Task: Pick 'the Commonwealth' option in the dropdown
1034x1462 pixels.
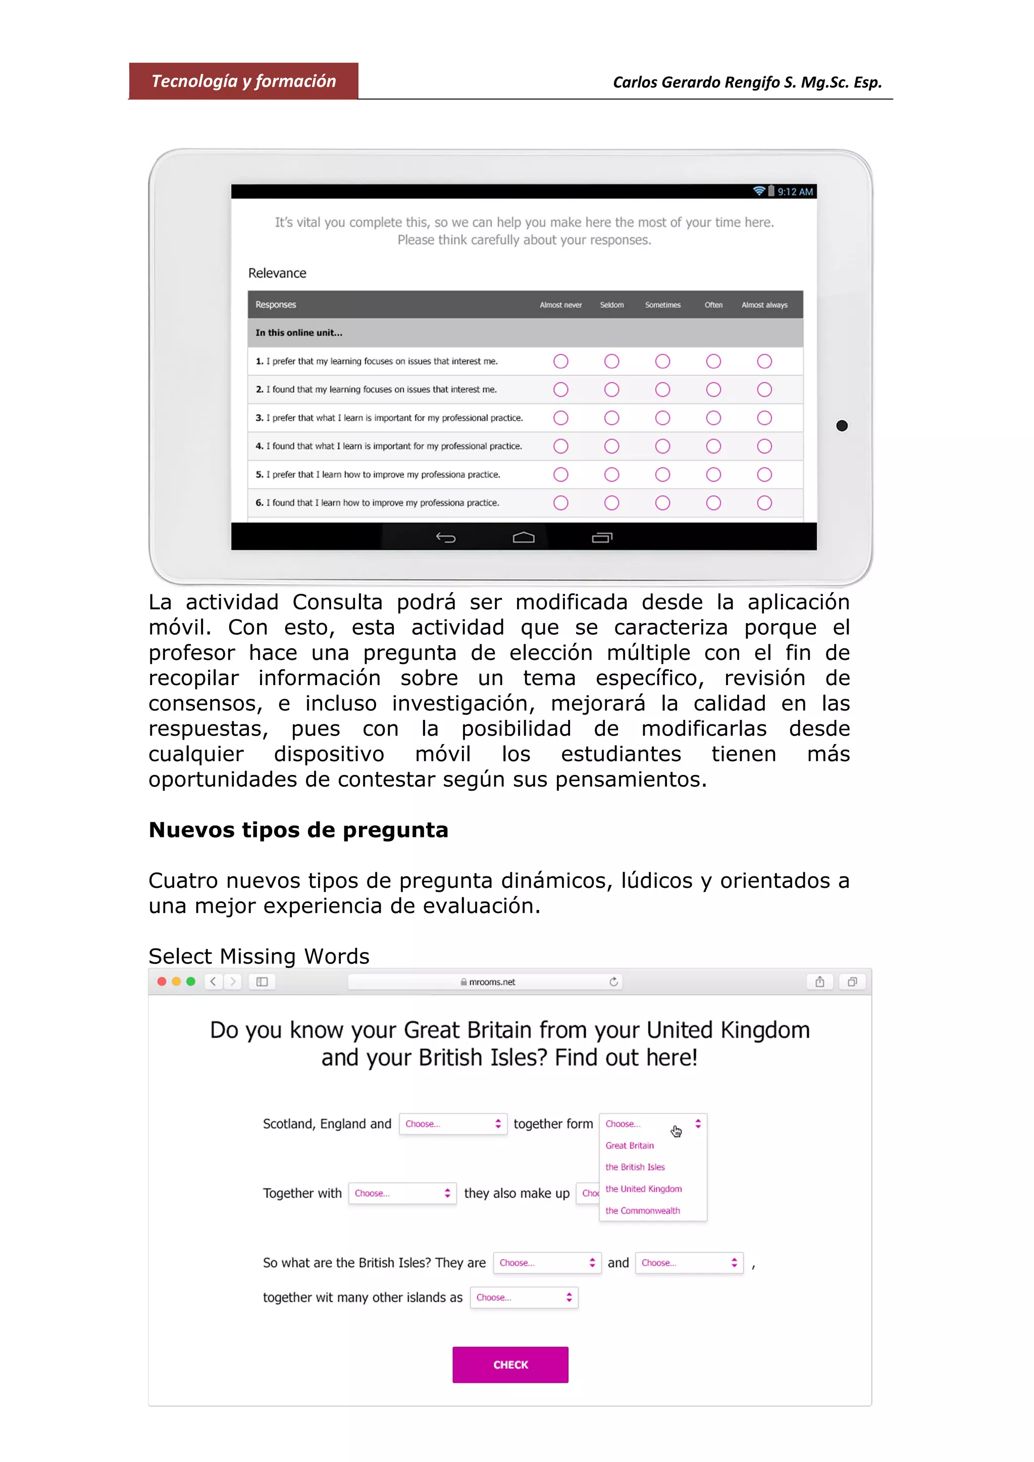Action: click(x=642, y=1210)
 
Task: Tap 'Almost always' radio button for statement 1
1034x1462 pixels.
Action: click(x=764, y=361)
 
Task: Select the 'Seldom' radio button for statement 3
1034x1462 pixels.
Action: click(x=611, y=418)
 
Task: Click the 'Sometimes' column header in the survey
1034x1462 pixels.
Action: click(x=662, y=305)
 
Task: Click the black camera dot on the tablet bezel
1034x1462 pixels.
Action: click(x=841, y=425)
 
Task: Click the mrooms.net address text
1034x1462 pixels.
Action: click(x=491, y=982)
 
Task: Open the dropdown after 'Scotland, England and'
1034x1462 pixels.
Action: click(x=452, y=1124)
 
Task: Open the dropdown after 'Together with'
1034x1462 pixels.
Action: click(x=402, y=1193)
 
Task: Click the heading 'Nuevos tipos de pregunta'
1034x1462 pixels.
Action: click(x=298, y=830)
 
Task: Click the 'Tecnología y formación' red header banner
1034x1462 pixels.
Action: click(x=243, y=81)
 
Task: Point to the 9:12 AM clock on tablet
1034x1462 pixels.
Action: click(x=795, y=192)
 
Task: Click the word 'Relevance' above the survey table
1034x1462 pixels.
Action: click(x=277, y=273)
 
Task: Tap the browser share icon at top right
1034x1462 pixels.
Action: click(x=819, y=981)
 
